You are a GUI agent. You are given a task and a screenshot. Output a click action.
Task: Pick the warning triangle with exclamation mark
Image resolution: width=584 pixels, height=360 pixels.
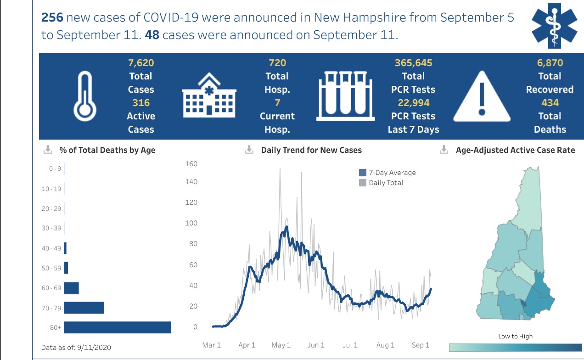(x=482, y=96)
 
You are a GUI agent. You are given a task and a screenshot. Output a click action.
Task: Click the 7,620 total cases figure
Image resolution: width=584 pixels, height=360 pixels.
(x=140, y=63)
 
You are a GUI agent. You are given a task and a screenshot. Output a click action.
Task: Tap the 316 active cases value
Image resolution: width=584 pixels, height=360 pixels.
(x=141, y=103)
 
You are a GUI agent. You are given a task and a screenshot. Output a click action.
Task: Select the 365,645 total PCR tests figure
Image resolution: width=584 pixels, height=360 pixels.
(x=413, y=63)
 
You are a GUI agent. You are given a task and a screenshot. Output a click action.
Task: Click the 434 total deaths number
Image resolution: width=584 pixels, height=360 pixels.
(x=550, y=103)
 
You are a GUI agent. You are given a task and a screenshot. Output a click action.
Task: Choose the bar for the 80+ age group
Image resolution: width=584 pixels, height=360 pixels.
(x=118, y=327)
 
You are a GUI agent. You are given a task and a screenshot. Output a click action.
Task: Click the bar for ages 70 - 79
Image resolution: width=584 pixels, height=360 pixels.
(x=84, y=308)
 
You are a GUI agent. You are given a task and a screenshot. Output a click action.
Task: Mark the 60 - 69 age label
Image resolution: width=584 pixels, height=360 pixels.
(x=51, y=288)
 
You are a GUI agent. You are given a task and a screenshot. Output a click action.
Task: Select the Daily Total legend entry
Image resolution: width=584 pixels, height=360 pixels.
(x=381, y=183)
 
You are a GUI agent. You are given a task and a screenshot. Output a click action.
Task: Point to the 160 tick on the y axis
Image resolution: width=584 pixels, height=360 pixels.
(x=191, y=164)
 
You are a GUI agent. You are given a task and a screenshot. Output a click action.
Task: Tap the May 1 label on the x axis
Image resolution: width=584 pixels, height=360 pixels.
(x=281, y=345)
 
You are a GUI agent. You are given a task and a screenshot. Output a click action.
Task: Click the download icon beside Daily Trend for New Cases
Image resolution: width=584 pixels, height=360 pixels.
(x=249, y=150)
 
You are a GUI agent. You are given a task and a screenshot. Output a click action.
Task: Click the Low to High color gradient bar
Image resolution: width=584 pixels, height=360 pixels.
(x=515, y=347)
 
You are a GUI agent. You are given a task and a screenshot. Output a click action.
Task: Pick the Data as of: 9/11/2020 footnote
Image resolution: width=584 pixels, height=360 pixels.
(x=76, y=347)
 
